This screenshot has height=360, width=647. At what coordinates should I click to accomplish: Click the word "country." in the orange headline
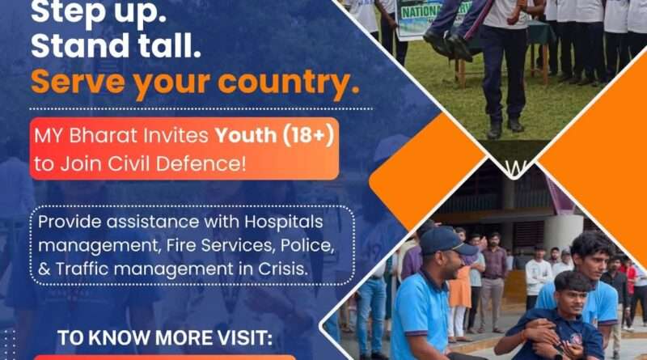[289, 83]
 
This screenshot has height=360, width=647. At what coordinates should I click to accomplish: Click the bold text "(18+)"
[308, 136]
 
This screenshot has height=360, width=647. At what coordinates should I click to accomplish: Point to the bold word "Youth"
[246, 135]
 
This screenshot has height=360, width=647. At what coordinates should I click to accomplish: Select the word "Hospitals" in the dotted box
[284, 222]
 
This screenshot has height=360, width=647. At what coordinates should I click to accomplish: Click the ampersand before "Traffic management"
[44, 269]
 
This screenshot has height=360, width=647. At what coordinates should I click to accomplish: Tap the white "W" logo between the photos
[514, 167]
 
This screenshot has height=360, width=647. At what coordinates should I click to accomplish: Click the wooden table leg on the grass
[461, 73]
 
